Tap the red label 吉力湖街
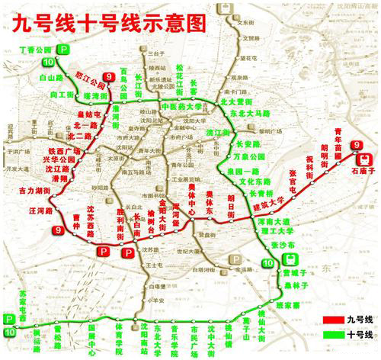(x=34, y=188)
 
